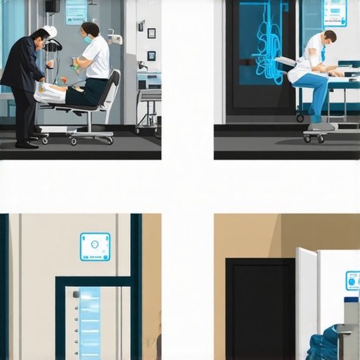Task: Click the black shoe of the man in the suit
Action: point(27,145)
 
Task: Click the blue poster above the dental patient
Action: point(76,12)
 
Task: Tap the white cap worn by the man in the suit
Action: point(50,31)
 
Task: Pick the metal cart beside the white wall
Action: point(148,109)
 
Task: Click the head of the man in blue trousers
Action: point(328,36)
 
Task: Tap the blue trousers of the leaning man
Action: point(314,95)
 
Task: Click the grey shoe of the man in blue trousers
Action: point(322,127)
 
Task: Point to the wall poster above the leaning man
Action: point(335,13)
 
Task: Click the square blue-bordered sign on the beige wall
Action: point(95,247)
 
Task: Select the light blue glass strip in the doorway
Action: point(89,323)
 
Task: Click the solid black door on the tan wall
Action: point(259,309)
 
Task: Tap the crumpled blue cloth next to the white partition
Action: point(323,345)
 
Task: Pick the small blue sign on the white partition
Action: point(352,281)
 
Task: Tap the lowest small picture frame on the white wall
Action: point(151,56)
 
